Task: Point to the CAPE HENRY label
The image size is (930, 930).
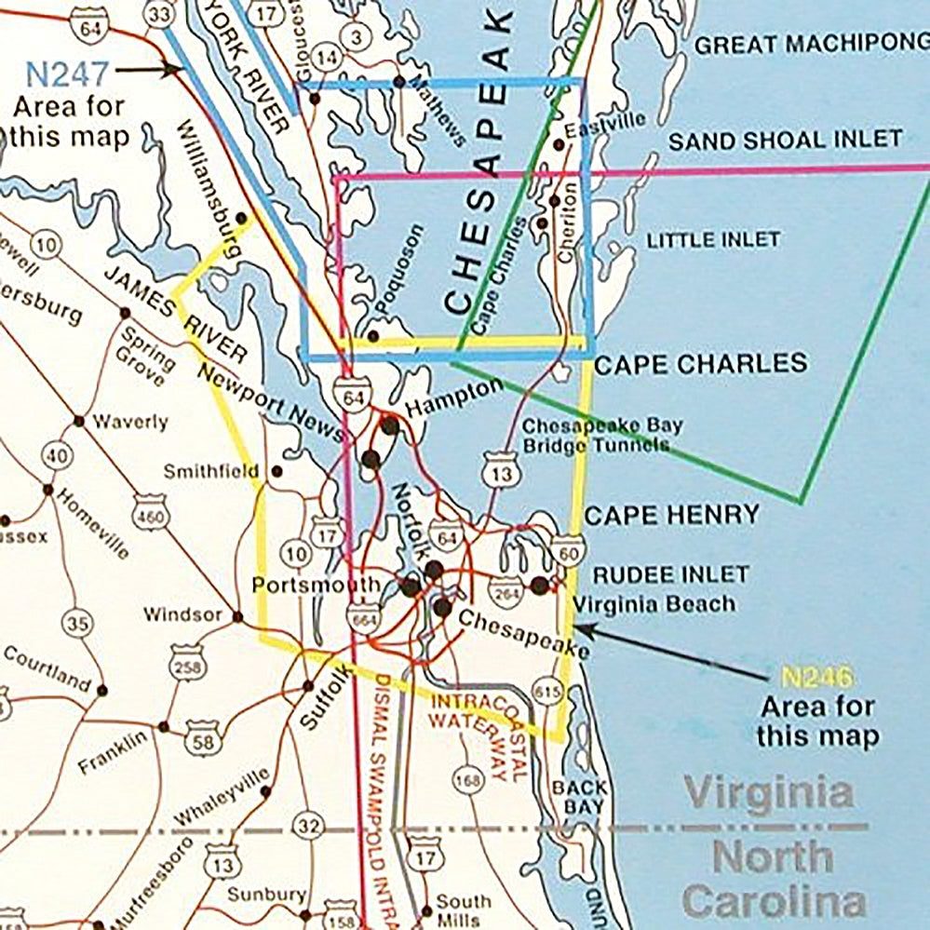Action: coord(671,515)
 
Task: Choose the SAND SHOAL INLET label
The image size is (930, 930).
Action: coord(785,141)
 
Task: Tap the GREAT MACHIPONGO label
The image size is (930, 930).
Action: coord(812,44)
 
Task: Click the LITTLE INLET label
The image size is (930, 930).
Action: coord(713,239)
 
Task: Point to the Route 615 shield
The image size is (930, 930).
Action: coord(546,691)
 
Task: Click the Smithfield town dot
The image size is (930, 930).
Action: coord(276,472)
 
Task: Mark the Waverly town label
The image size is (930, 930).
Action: coord(130,423)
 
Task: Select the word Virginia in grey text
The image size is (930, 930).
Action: coord(769,794)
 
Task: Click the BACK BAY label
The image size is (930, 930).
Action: coord(579,798)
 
